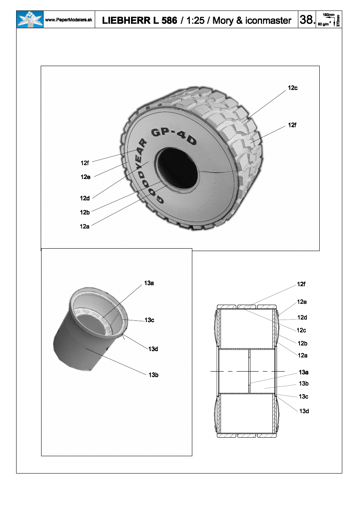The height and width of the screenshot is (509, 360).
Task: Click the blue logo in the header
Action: click(x=30, y=19)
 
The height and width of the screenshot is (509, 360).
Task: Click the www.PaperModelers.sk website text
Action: click(x=69, y=20)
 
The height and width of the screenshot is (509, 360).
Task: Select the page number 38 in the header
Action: click(x=307, y=19)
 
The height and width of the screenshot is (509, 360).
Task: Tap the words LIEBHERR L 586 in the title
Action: click(x=139, y=21)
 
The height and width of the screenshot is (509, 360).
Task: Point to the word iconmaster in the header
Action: click(x=268, y=21)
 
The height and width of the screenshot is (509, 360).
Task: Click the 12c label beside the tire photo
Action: click(x=293, y=88)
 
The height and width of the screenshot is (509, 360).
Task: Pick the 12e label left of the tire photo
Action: click(x=85, y=177)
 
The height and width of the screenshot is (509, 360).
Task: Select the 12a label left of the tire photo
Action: click(x=85, y=226)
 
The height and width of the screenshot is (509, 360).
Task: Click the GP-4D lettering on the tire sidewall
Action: click(x=174, y=136)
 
